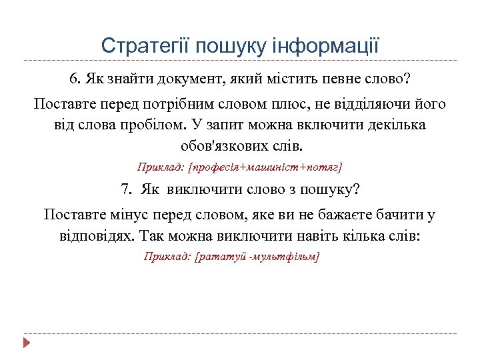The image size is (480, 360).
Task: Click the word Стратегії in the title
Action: point(139,46)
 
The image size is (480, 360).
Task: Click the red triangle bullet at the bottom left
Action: point(27,343)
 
